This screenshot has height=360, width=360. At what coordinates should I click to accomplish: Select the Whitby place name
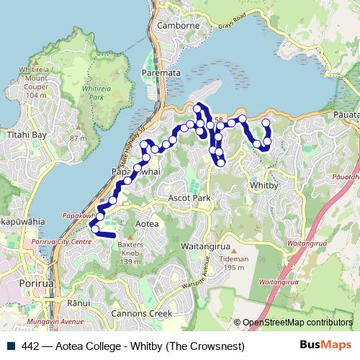pyautogui.click(x=264, y=184)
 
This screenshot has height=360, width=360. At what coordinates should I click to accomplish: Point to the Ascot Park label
pyautogui.click(x=189, y=197)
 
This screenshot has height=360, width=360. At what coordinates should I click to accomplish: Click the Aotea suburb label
pyautogui.click(x=147, y=225)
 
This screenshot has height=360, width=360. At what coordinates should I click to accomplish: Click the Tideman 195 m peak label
pyautogui.click(x=235, y=263)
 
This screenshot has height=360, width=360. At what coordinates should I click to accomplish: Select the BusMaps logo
pyautogui.click(x=325, y=346)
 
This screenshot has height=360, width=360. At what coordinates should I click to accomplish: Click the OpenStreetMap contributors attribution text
pyautogui.click(x=297, y=323)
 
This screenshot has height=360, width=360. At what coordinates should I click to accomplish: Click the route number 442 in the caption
pyautogui.click(x=30, y=346)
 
